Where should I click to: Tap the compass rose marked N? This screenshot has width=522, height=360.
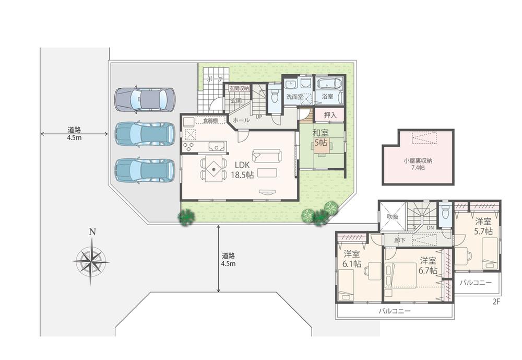pos(91,259)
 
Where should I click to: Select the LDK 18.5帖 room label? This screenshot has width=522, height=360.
pos(242,170)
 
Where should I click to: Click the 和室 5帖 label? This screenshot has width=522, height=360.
pos(321,137)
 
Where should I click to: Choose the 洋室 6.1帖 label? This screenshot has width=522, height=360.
pos(352,259)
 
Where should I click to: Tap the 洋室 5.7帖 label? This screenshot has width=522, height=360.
pos(483,226)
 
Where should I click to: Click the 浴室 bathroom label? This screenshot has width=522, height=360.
pos(327,97)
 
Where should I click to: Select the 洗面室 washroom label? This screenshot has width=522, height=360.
pos(294,97)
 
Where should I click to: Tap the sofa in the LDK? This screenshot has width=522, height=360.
pos(267,155)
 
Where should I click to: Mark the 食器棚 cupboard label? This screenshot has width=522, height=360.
pos(211,121)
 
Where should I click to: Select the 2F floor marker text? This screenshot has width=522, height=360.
pos(496,302)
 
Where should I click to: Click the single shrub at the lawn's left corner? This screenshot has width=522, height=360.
pos(186,217)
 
